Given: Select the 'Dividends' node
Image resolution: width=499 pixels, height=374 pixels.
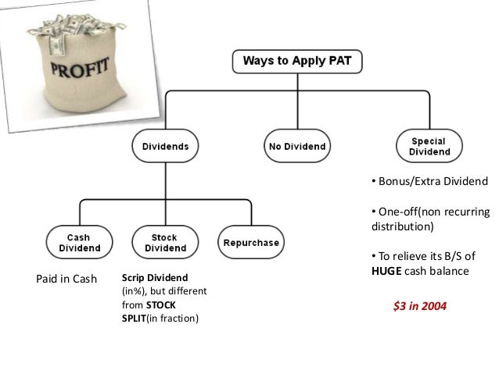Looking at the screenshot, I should (164, 144).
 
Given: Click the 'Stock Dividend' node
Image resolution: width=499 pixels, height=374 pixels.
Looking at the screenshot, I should (164, 243).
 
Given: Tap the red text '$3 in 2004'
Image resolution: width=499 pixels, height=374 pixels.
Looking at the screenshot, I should (420, 307).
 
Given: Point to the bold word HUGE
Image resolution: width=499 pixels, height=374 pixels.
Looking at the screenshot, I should (386, 272).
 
